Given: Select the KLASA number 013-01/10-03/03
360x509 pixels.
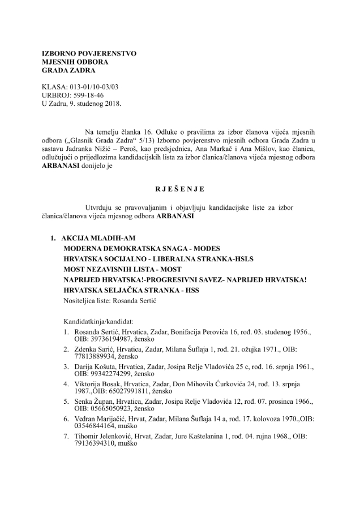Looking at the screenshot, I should pyautogui.click(x=94, y=87).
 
